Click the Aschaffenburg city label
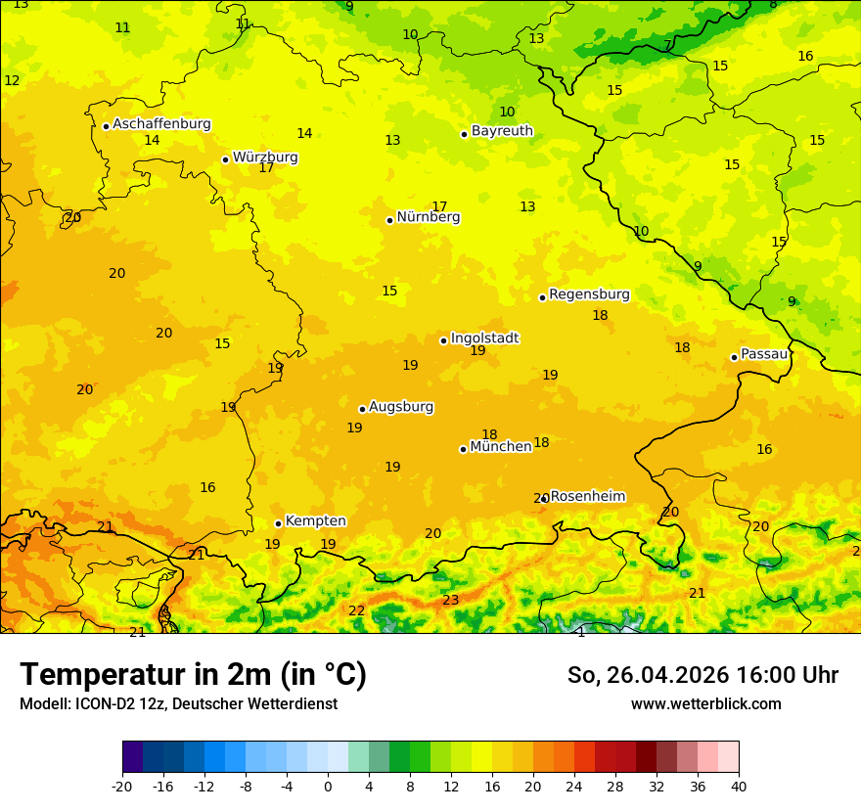pos(161,124)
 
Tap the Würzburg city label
pos(265,158)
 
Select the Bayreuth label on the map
pos(502,131)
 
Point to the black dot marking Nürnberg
pos(389,220)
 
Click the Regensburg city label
pos(589,294)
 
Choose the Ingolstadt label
pos(484,338)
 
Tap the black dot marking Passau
pos(734,357)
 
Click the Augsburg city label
pos(401,407)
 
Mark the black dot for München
pos(463,449)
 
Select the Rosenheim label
pos(587,497)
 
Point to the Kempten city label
pos(315,521)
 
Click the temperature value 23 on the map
pos(450,601)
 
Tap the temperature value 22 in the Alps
pos(357,611)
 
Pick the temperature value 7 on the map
pos(668,45)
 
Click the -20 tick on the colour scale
pos(122,787)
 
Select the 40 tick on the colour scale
pos(739,787)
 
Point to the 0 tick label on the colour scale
pos(328,787)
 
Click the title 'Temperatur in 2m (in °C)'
pos(193,675)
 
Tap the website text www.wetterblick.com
pos(705,704)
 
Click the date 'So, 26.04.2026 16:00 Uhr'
pos(702,675)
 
